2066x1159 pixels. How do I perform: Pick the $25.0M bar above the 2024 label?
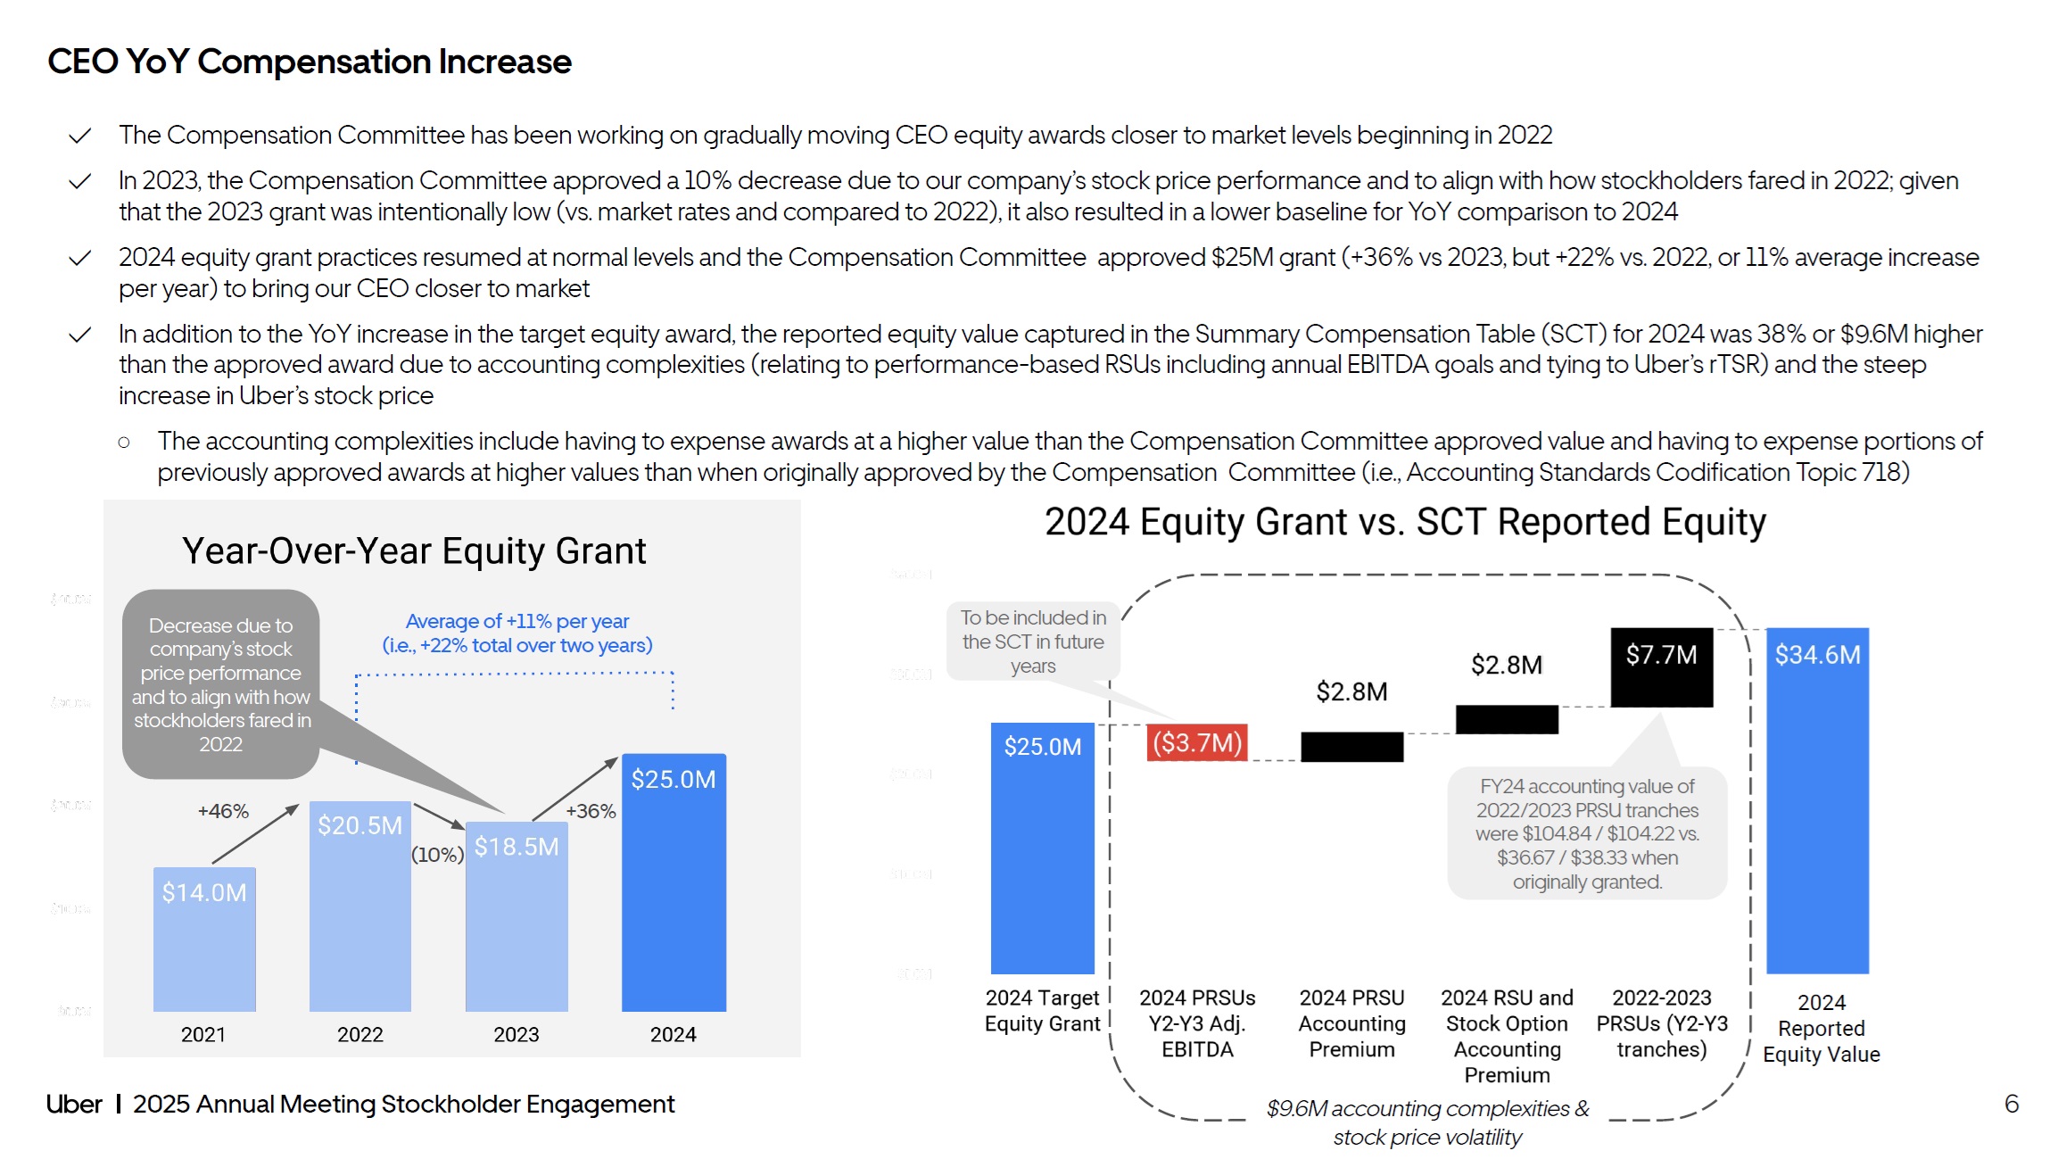674,882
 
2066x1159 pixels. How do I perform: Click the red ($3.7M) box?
1197,742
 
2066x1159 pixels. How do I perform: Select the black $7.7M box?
1661,666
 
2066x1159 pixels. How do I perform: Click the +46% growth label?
223,811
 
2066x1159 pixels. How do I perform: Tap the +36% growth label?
591,811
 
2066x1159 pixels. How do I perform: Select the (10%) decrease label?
437,855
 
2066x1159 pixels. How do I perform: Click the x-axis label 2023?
516,1034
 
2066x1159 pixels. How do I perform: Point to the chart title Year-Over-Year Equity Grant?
414,551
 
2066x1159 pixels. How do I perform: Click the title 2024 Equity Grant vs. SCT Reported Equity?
1405,522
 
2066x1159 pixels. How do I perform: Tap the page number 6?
2012,1104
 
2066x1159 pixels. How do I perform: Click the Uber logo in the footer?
74,1104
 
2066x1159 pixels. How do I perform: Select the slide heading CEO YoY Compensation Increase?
310,62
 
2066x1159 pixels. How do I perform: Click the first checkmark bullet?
80,136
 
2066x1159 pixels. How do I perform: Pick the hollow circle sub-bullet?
124,442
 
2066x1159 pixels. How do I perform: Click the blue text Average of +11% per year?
517,621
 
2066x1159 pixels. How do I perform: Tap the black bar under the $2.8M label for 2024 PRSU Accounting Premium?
1351,747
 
